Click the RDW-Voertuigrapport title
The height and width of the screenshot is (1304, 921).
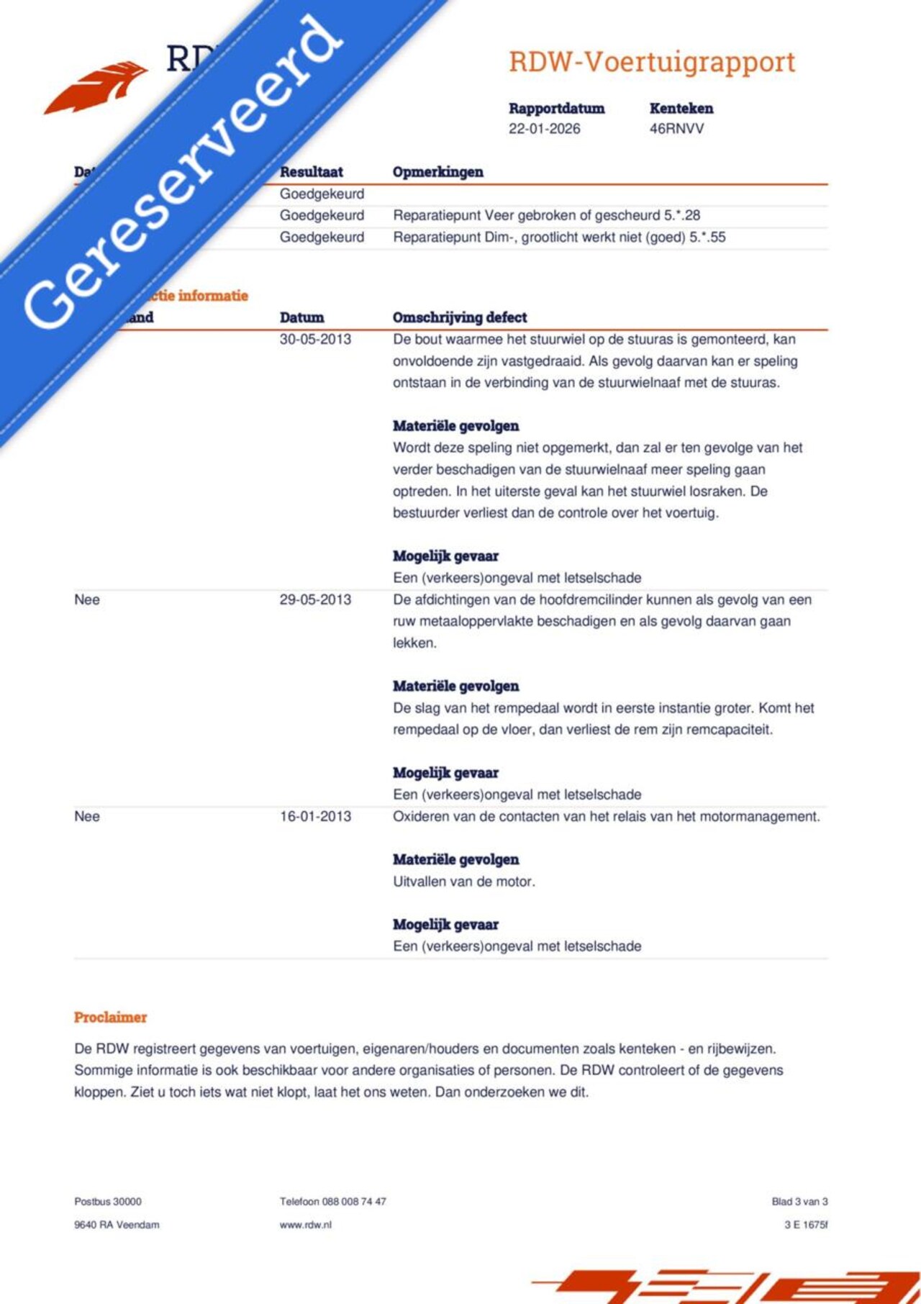(x=652, y=63)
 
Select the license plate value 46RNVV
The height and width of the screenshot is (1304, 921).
(x=676, y=129)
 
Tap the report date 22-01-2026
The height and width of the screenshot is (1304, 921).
(x=544, y=129)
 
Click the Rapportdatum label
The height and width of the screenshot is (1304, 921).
(x=556, y=109)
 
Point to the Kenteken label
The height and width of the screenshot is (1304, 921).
(x=681, y=109)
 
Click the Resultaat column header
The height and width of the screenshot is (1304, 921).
(x=311, y=172)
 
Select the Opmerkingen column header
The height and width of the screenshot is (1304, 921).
(x=437, y=172)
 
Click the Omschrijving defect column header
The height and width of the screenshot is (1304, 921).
(x=459, y=317)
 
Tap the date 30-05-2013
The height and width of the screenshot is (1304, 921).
(x=315, y=339)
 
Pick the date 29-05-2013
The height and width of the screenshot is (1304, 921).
(x=315, y=599)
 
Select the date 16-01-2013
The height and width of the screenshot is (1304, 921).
(x=315, y=816)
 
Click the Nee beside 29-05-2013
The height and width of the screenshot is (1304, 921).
(x=87, y=599)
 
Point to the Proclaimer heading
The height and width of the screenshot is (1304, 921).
(x=110, y=1017)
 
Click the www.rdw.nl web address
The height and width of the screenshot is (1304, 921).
(x=305, y=1224)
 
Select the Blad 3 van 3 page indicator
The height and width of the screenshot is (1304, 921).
(x=799, y=1201)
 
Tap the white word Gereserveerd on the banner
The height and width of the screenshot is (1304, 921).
(x=183, y=173)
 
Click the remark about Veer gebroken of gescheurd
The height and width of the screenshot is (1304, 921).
(x=546, y=215)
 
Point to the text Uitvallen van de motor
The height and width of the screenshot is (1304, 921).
(x=463, y=882)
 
